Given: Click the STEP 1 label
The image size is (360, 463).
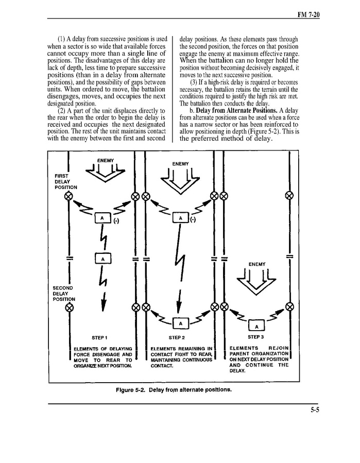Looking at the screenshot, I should pyautogui.click(x=100, y=338).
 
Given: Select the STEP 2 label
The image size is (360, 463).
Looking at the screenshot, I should pyautogui.click(x=176, y=338).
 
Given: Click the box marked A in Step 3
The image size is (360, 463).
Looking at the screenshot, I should pyautogui.click(x=256, y=325).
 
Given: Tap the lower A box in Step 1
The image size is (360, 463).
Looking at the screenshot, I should pyautogui.click(x=103, y=259).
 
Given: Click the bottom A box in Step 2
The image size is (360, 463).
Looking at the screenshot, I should pyautogui.click(x=180, y=323).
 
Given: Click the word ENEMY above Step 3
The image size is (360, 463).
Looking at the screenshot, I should pyautogui.click(x=257, y=265).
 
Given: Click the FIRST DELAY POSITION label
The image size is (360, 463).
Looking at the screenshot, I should pyautogui.click(x=65, y=181).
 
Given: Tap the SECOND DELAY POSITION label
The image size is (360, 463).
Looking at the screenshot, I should pyautogui.click(x=64, y=293).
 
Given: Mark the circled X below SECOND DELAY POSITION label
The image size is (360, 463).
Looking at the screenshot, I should pyautogui.click(x=69, y=307).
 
